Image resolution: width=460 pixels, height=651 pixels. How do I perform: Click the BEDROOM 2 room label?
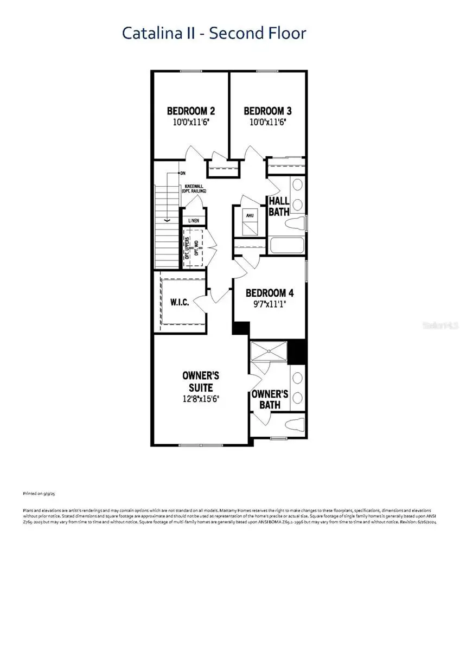point(190,111)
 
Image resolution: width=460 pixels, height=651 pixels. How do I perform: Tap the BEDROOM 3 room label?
point(268,111)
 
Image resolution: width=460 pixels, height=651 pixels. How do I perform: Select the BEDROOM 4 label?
point(270,293)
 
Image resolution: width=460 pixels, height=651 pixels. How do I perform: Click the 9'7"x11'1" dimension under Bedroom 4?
point(270,304)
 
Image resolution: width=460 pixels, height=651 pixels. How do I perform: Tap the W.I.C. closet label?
point(180,302)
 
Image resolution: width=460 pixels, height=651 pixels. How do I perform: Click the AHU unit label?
point(251,215)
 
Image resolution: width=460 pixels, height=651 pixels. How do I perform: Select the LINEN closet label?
point(194,221)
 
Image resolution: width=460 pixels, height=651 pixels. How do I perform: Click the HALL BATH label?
point(279,207)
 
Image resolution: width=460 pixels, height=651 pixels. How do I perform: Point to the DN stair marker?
point(183,174)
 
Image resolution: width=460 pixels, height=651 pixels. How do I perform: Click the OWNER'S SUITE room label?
point(197,381)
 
